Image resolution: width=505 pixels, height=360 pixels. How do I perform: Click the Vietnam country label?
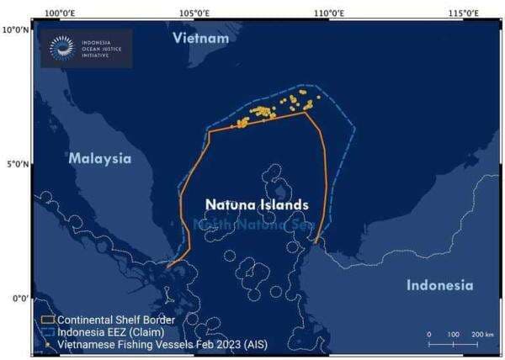coord(200,39)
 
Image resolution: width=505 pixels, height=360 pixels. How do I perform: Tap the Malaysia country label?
coord(100,158)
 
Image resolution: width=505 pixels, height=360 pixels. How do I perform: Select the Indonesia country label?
coord(439,285)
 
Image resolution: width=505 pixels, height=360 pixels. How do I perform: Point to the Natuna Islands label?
coord(257,204)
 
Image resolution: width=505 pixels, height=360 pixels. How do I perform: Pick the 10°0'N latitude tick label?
coord(16,29)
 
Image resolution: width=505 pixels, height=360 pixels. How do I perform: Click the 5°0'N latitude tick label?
coord(18,164)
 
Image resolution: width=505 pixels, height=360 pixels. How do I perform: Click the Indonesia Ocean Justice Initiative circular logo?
coord(61,49)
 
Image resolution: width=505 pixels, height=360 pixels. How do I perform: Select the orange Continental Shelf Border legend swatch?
coord(47,320)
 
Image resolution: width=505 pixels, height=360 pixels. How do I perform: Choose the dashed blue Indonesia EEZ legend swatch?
coord(47,333)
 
